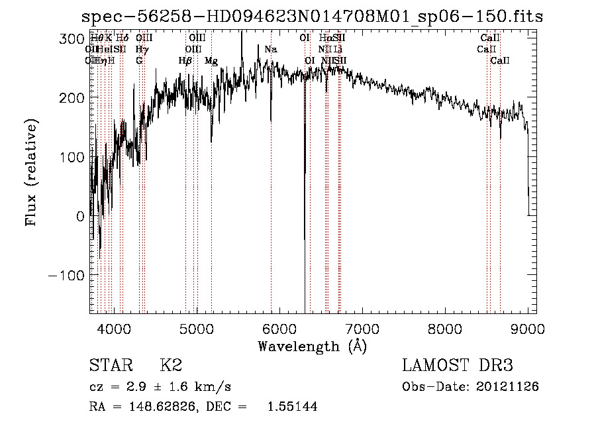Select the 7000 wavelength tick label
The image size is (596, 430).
tap(362, 329)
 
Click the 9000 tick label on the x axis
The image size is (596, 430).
tap(528, 329)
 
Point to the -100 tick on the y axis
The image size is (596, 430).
tap(67, 275)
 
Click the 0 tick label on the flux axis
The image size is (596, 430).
tap(80, 216)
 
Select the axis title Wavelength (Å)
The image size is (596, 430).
tap(312, 346)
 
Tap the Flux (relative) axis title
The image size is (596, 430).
tap(32, 172)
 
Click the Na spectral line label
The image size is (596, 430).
tap(270, 49)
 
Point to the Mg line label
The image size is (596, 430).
tap(211, 60)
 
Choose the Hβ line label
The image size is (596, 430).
tap(185, 60)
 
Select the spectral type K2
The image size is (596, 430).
tap(171, 365)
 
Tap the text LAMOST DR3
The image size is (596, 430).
tap(458, 365)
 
